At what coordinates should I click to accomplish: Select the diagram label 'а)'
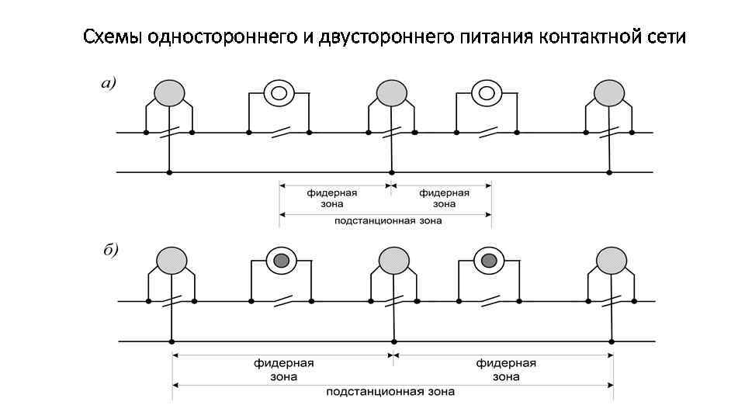click(x=109, y=84)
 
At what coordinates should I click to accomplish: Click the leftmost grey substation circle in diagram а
click(x=169, y=93)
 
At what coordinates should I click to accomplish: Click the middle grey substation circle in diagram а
click(x=392, y=93)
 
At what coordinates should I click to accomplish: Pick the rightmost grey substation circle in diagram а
click(x=609, y=93)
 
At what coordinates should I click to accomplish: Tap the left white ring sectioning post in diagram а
click(x=279, y=93)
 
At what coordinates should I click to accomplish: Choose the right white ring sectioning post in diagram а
click(x=486, y=93)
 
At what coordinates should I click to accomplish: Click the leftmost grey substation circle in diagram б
click(x=172, y=259)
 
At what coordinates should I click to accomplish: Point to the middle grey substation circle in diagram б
click(x=394, y=260)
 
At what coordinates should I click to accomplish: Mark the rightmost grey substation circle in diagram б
click(x=612, y=260)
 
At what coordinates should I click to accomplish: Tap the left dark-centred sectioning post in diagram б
click(x=281, y=261)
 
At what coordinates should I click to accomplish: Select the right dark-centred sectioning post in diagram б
click(x=488, y=261)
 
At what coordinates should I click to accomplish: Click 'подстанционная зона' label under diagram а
click(x=388, y=221)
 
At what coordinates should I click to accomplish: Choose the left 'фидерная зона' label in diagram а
click(x=331, y=199)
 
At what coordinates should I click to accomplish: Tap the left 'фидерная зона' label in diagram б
click(x=283, y=370)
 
